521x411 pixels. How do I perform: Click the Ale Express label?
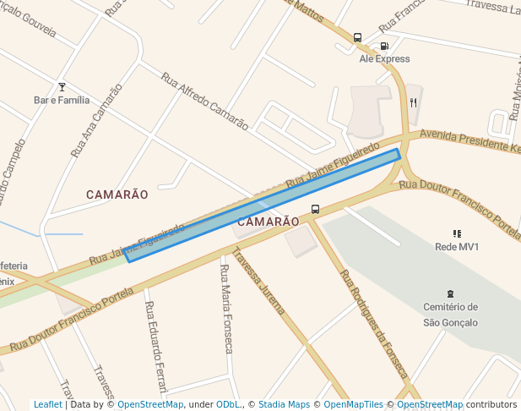[x=384, y=59]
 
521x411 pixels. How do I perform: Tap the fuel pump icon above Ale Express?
[x=384, y=47]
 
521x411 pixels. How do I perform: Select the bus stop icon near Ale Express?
[x=357, y=38]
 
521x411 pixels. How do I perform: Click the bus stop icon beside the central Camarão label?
[x=315, y=209]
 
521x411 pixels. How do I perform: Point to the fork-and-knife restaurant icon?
[x=413, y=102]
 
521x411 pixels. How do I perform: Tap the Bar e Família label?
[x=62, y=100]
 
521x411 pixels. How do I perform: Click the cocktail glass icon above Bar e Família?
[x=61, y=86]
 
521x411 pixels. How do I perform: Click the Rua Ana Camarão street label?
[x=95, y=121]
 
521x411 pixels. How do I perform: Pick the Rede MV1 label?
[x=457, y=247]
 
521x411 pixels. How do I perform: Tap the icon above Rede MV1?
[x=457, y=233]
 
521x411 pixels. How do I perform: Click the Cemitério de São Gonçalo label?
[x=450, y=315]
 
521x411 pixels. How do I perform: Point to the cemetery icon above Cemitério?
[x=450, y=293]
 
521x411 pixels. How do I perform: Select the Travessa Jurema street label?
[x=258, y=281]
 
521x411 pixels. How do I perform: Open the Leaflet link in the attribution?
[x=47, y=405]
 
